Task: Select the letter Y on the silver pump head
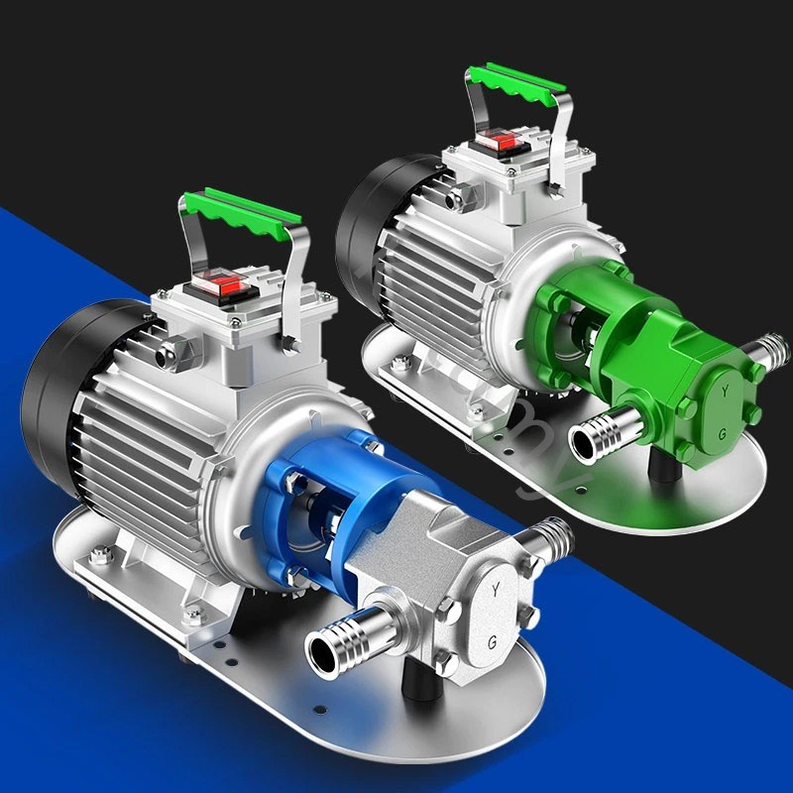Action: (494, 591)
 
